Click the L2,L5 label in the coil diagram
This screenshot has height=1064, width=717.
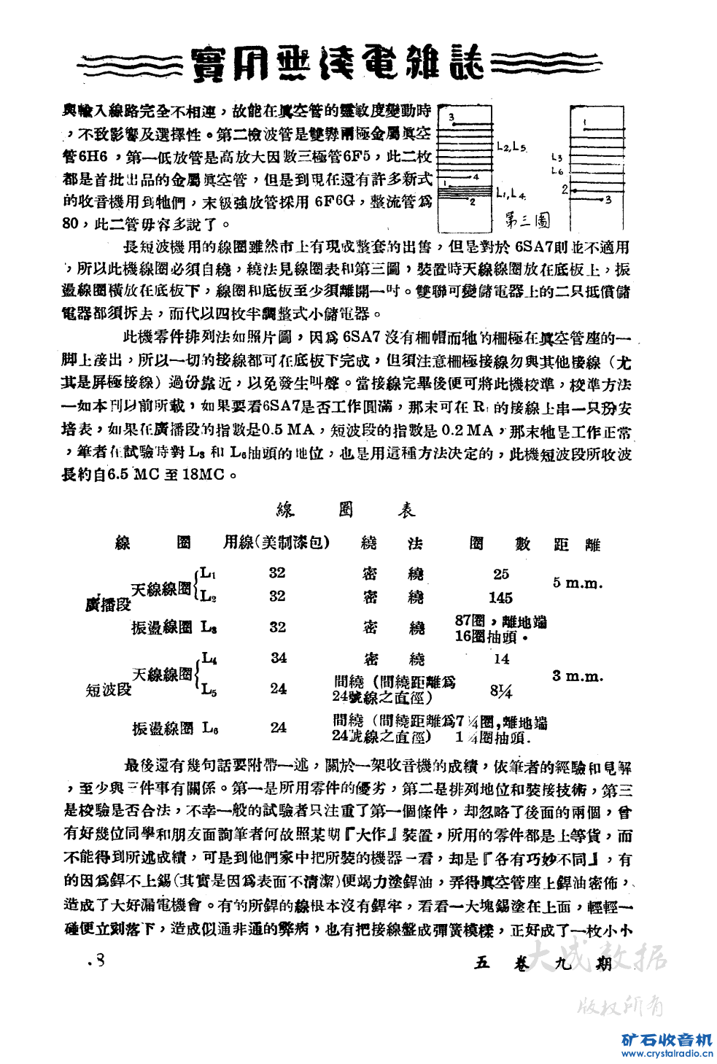pos(511,147)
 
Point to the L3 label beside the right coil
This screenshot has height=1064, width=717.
pos(557,157)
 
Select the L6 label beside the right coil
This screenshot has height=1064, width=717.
pos(557,171)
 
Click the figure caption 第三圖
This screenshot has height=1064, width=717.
pos(527,220)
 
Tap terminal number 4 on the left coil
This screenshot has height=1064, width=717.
pos(476,176)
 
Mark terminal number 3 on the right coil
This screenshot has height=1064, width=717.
pos(608,200)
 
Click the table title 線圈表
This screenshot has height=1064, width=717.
pos(345,510)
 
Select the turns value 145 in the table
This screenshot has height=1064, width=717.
pos(500,598)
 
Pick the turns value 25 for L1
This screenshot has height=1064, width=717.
pos(500,574)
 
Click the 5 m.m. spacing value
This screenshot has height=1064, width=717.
pos(577,583)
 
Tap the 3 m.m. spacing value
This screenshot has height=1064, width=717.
pos(577,676)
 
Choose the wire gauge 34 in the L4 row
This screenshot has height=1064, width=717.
pos(279,658)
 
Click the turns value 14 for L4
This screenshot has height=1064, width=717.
pos(501,659)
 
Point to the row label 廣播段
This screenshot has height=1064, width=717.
pos(108,605)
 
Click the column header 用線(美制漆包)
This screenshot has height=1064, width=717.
pos(276,543)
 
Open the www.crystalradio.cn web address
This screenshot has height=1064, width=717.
pos(666,1053)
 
